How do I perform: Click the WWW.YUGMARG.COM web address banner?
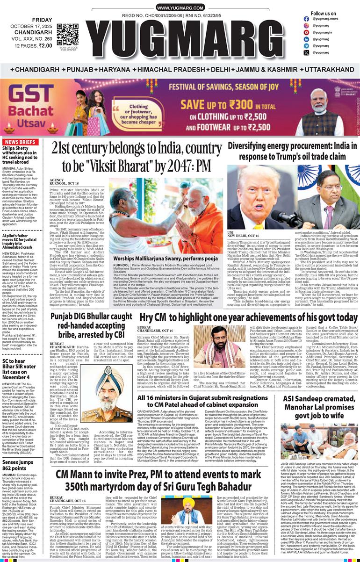[180, 8]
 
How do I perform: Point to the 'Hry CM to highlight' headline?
[248, 317]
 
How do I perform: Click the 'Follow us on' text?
[323, 14]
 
